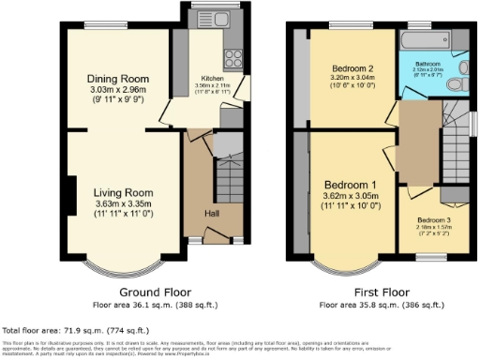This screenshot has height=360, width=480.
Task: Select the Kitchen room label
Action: pos(212,79)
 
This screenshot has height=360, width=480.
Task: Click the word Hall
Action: pos(212,214)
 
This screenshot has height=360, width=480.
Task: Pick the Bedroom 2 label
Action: pos(352,68)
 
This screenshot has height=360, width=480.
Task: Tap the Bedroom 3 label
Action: pos(434,219)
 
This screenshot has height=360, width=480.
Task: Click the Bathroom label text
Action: pos(428,64)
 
